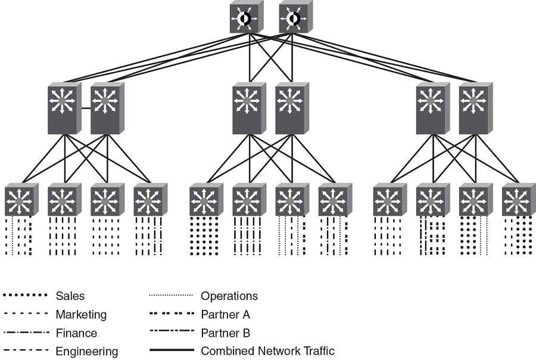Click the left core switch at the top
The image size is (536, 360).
[244, 19]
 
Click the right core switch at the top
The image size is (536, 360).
[292, 19]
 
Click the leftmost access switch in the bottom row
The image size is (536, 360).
[20, 201]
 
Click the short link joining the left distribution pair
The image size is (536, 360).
[84, 108]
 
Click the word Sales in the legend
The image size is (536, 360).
[70, 296]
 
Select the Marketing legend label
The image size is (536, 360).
[81, 314]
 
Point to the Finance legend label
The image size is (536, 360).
[76, 333]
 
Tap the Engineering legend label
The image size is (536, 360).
[87, 351]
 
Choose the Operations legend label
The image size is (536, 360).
[229, 296]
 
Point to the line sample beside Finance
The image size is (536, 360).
[25, 332]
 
